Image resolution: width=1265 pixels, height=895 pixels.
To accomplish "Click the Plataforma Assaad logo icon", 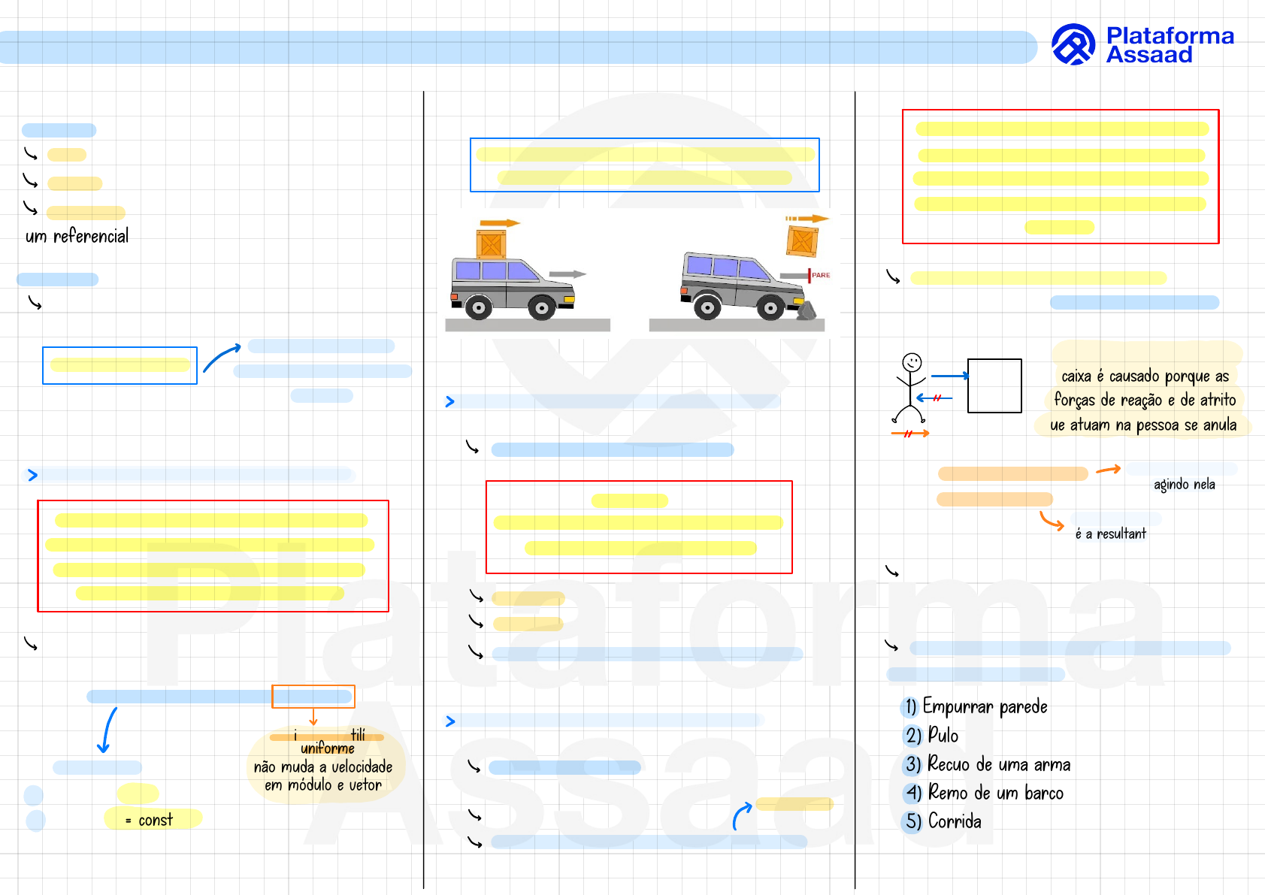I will point(1073,44).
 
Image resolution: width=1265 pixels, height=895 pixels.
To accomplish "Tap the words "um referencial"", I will point(77,236).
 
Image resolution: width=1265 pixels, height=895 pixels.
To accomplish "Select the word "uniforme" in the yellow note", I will point(327,748).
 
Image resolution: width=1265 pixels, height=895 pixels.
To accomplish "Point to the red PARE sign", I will point(819,275).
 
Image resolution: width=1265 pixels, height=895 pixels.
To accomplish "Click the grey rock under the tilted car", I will point(807,311).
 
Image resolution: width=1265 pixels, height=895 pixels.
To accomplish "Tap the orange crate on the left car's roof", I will point(491,244).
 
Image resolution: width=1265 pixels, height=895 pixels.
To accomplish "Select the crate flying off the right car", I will point(802,241).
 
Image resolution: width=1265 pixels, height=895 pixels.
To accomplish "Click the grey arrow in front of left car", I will point(567,274).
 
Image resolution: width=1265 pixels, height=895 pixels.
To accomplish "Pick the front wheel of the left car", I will point(541,307).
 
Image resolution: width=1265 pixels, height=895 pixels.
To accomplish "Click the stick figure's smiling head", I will point(912,362).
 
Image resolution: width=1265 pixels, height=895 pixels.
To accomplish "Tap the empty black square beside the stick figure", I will point(994,386).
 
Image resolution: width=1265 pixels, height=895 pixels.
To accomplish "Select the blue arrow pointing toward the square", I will point(949,376).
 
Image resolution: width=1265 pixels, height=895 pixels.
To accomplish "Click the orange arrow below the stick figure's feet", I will point(910,434).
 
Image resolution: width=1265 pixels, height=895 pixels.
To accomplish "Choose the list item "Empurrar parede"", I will point(984,706).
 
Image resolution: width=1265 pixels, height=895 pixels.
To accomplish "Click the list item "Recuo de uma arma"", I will point(998,764).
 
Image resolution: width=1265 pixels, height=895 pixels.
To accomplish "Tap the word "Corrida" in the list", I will point(955,821).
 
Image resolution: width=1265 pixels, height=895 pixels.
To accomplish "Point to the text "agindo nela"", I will point(1184,485).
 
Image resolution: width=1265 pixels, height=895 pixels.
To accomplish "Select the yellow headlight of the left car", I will point(569,300).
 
